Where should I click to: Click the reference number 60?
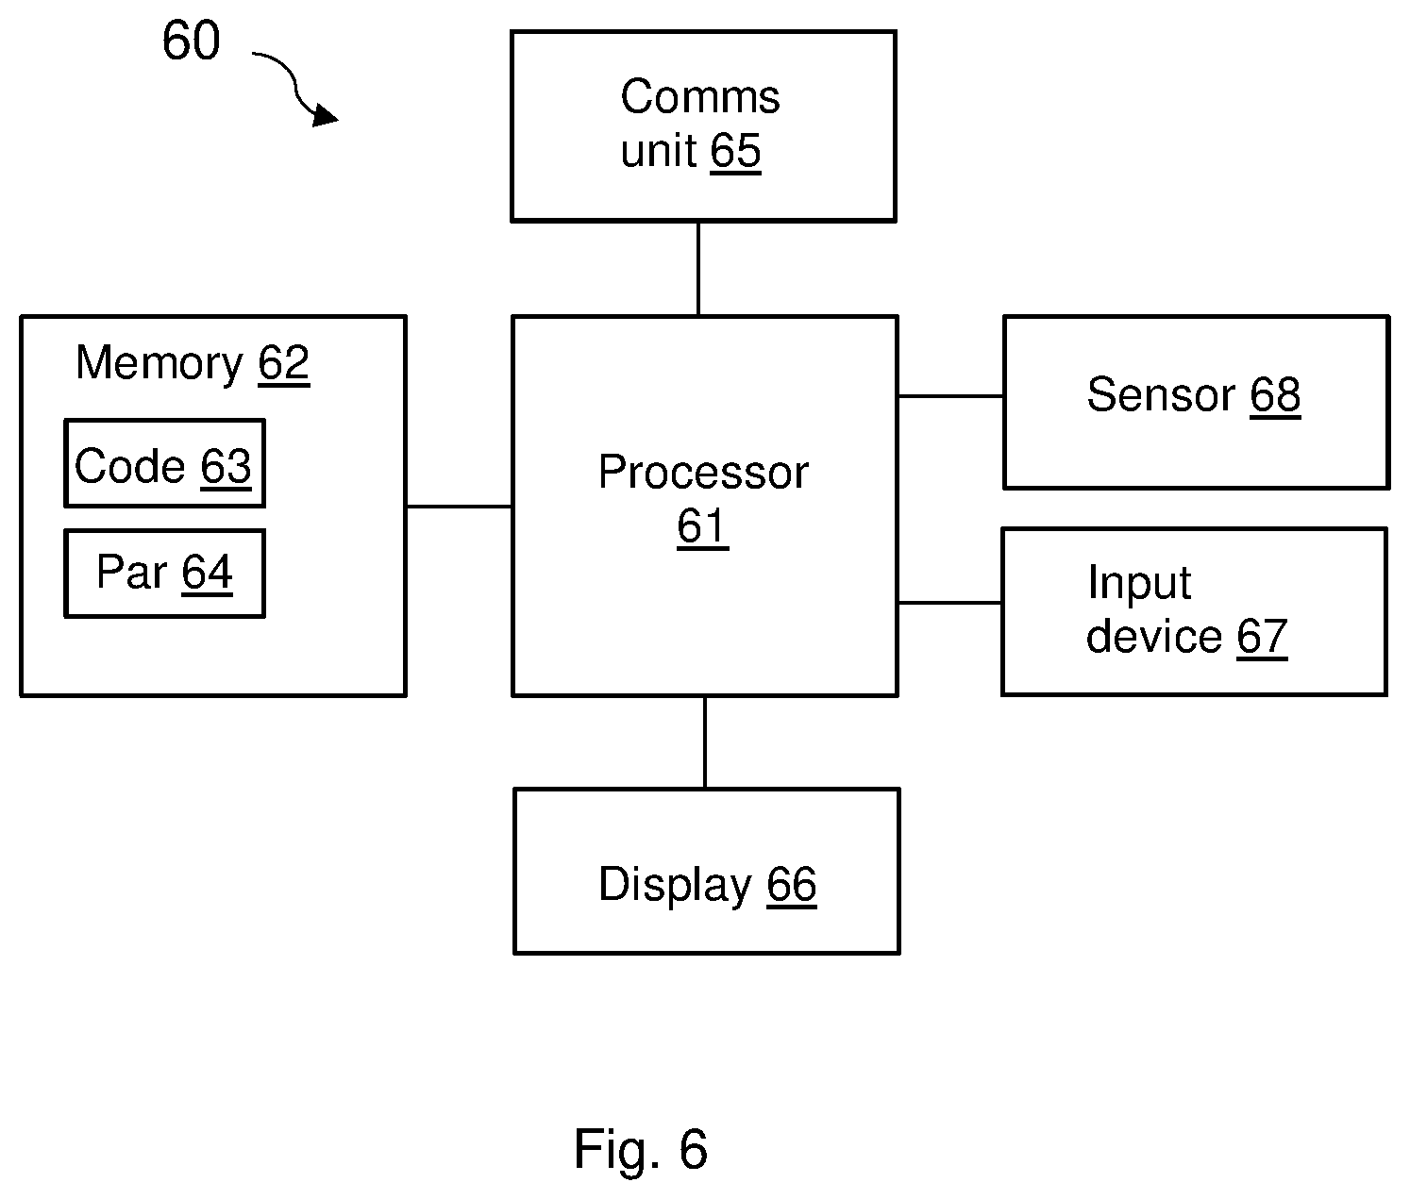coord(191,41)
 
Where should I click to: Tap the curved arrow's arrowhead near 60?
coord(325,115)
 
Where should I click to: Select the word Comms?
coord(700,96)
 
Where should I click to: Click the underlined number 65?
coord(735,151)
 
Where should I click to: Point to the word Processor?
coord(703,472)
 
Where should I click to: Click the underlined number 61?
coord(702,526)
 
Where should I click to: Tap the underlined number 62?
coord(284,363)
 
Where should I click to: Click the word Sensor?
coord(1161,394)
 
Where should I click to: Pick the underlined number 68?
coord(1275,395)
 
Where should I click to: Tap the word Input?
coord(1139,584)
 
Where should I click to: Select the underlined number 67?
coord(1262,637)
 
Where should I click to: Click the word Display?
coord(676,885)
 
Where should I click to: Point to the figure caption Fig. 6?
coord(641,1148)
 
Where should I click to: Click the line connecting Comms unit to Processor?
coord(697,269)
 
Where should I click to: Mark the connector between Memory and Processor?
coord(459,506)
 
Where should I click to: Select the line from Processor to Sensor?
coord(951,395)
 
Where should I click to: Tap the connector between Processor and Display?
coord(705,742)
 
